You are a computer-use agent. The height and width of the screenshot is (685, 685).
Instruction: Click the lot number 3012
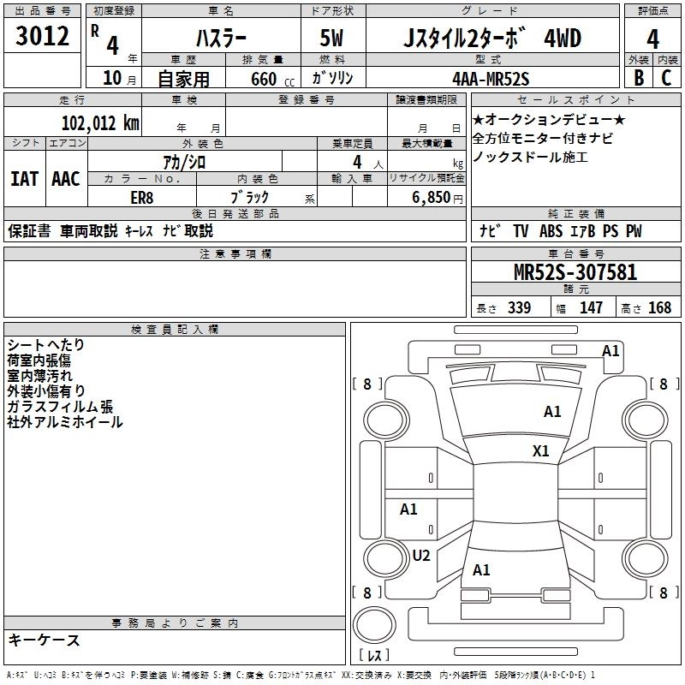(x=42, y=38)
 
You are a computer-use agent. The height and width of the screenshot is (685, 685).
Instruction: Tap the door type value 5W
(x=334, y=39)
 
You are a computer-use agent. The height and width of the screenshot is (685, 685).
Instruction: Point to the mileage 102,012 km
(x=99, y=122)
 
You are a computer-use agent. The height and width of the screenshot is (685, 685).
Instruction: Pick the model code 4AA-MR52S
(x=491, y=79)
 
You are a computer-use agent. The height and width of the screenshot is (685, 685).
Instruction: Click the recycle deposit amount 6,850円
(x=436, y=197)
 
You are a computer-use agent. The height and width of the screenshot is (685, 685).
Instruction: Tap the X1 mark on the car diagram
(x=540, y=450)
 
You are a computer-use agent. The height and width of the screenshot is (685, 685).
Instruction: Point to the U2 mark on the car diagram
(x=421, y=555)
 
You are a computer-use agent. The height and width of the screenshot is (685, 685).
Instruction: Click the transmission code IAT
(x=24, y=179)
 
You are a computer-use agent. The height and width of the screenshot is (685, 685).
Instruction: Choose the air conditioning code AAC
(x=65, y=179)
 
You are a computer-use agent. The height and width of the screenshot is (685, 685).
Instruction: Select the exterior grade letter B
(x=638, y=78)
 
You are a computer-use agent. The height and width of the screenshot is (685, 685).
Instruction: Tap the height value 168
(x=659, y=307)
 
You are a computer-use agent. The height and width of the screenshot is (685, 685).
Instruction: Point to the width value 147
(x=591, y=307)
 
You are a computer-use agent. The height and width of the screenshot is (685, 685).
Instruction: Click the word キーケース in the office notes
(x=44, y=640)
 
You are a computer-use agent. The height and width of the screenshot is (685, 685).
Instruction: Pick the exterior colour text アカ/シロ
(x=184, y=161)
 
